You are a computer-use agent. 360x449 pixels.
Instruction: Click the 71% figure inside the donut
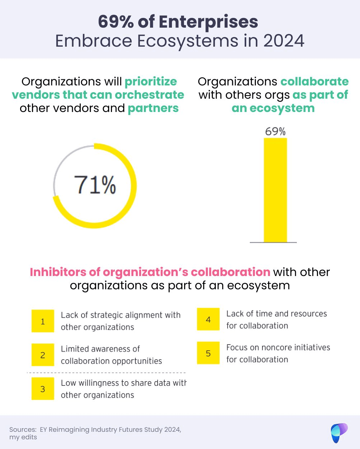click(95, 185)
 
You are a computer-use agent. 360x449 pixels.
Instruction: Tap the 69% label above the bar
click(275, 132)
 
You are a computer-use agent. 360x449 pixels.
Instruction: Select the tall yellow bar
click(275, 190)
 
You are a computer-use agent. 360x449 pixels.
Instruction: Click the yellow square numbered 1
click(43, 321)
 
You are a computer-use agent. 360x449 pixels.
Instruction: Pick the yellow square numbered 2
click(43, 355)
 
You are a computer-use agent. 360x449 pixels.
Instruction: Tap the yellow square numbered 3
click(43, 389)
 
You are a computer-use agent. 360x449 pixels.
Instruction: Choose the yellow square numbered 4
click(208, 319)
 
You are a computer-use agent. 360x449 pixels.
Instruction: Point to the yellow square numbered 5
click(208, 353)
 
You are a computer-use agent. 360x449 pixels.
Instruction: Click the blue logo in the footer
click(339, 433)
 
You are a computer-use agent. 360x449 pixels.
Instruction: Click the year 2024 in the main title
click(284, 41)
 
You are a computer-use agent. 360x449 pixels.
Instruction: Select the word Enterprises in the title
click(209, 22)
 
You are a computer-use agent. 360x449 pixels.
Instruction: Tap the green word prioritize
click(151, 81)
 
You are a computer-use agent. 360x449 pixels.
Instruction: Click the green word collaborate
click(314, 81)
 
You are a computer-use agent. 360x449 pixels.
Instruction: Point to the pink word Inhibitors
click(58, 272)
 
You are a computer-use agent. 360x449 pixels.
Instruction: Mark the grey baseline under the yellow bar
click(273, 243)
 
